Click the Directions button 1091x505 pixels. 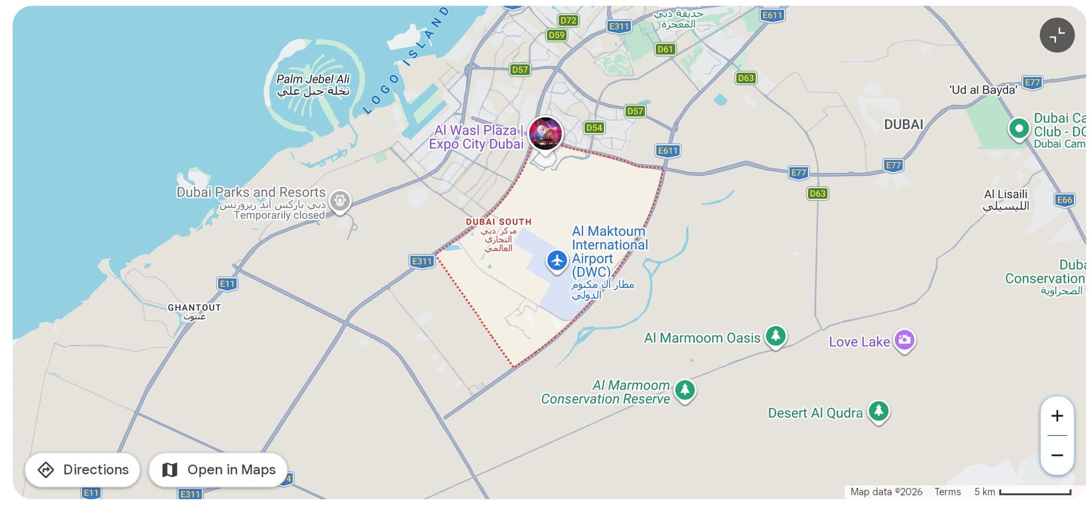82,470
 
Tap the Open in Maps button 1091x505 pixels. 219,470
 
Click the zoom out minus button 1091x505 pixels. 1057,455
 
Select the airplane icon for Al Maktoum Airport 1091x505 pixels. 557,261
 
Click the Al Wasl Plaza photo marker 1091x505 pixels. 545,133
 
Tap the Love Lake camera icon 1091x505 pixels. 905,340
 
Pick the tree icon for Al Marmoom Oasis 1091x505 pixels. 776,335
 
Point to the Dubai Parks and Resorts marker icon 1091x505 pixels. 340,200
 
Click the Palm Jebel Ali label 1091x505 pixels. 313,85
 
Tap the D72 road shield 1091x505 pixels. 568,20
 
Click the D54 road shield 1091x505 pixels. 594,127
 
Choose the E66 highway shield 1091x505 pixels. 1064,199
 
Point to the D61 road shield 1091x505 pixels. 665,49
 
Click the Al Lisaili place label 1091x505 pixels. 1006,199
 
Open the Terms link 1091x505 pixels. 947,492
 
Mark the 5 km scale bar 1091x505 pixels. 1035,492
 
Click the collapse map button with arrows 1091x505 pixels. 1057,35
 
